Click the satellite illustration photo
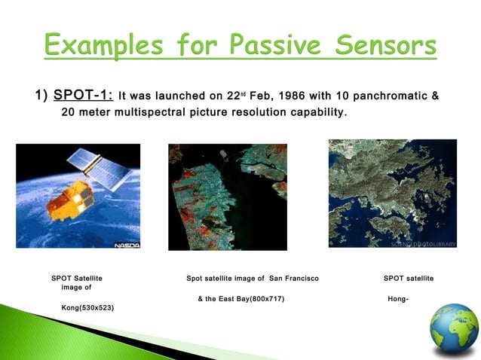tap(78, 196)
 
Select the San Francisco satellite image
tap(228, 196)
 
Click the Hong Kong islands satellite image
tap(392, 193)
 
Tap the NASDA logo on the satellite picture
tap(126, 245)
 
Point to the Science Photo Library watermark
tap(426, 243)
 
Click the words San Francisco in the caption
tap(293, 279)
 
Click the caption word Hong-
tap(397, 299)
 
